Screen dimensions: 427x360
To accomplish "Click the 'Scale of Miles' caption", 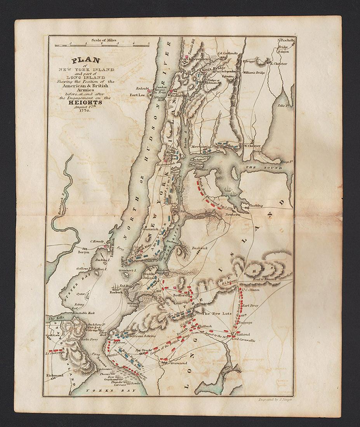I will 104,40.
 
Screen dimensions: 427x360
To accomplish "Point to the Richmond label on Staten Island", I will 54,376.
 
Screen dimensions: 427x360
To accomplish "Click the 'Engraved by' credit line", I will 271,399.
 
